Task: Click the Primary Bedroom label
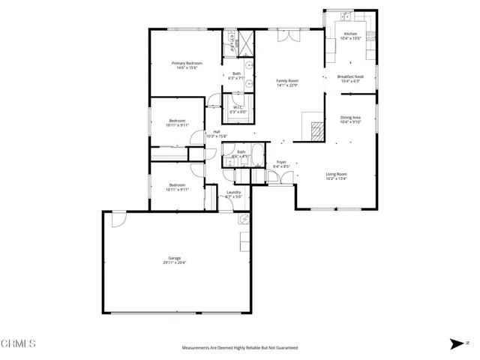coord(187,63)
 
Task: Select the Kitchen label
coord(350,34)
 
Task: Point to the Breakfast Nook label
coord(350,77)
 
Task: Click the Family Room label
coord(287,80)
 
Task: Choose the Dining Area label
coord(351,117)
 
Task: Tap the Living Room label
coord(336,174)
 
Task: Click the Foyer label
coord(281,162)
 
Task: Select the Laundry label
coord(233,193)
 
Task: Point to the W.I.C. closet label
coord(237,107)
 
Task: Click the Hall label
coord(216,132)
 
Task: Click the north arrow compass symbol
coord(457,344)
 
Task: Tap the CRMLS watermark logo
coord(19,344)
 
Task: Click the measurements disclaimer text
coord(240,348)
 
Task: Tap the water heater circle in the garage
coord(244,220)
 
